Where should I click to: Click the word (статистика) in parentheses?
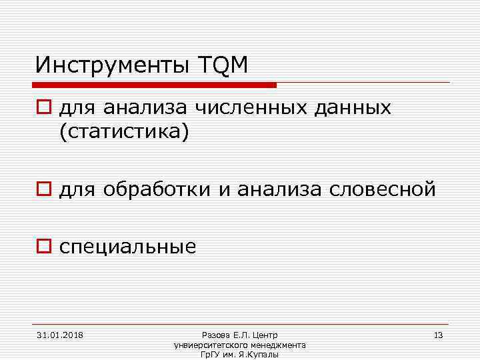pyautogui.click(x=125, y=132)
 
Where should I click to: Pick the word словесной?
pyautogui.click(x=383, y=190)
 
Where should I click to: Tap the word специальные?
pyautogui.click(x=128, y=247)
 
